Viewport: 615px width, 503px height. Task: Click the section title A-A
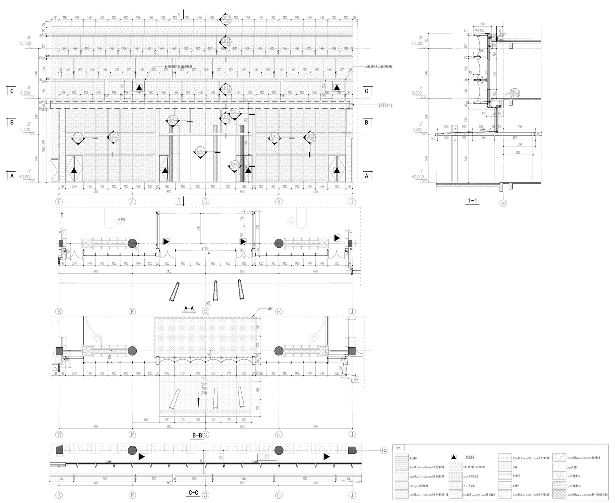189,308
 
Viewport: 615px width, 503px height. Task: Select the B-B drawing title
197,436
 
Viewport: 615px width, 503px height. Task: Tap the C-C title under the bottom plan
194,493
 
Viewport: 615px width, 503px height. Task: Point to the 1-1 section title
472,201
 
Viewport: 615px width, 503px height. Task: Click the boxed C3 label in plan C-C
267,457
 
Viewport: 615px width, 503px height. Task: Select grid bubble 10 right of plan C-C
383,450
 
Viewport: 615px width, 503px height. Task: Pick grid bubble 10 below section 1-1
503,203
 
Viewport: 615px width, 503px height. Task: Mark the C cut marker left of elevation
12,91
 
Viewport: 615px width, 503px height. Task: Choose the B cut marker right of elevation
366,123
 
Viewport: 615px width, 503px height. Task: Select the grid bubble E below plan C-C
59,494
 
